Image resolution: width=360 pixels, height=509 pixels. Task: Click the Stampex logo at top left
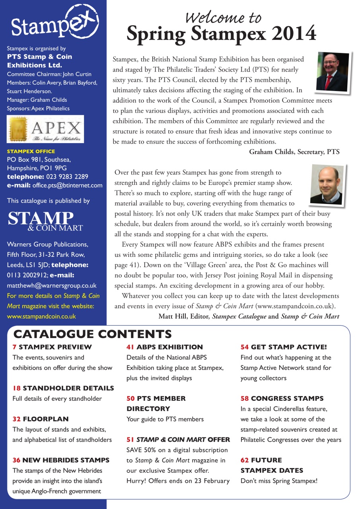54,23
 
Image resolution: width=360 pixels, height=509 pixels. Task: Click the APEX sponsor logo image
45,129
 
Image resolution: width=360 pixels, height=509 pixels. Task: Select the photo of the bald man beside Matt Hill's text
326,185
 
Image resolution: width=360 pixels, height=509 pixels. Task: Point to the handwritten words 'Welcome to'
224,17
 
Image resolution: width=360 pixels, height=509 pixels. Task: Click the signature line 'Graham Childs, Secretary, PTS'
294,152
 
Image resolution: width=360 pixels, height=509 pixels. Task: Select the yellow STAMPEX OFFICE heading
31,151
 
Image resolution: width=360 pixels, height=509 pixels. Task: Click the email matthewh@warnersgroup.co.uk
51,286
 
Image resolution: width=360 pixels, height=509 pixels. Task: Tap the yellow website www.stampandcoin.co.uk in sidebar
41,317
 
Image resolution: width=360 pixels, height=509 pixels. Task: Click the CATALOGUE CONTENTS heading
93,334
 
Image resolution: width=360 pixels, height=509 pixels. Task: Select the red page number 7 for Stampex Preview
15,347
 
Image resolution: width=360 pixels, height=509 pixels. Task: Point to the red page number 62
245,460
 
